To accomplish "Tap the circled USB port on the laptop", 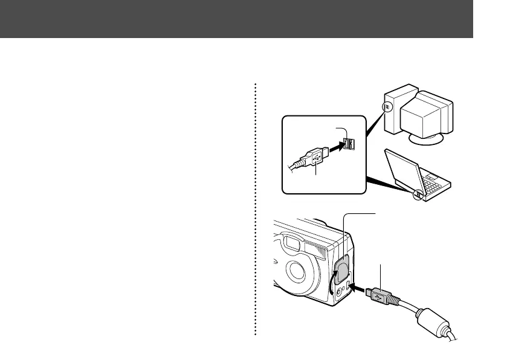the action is coord(418,195).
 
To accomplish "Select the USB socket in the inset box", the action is coord(348,144).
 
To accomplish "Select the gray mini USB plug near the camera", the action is coord(379,297).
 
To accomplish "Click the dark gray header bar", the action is coord(236,19).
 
